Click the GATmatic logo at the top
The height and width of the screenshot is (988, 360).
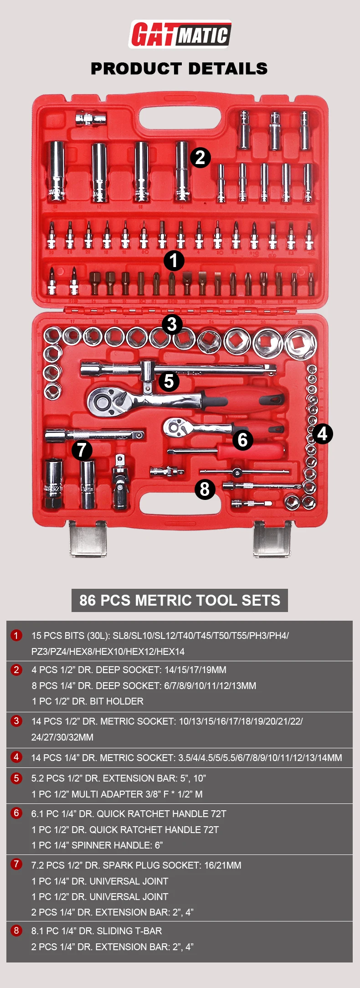[x=180, y=34]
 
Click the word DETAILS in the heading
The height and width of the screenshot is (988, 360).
[x=227, y=68]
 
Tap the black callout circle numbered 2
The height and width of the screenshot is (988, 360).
[x=200, y=158]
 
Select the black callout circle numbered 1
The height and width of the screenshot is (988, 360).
[x=174, y=261]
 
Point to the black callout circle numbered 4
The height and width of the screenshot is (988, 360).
[x=322, y=433]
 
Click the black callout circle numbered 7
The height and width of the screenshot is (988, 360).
[x=82, y=450]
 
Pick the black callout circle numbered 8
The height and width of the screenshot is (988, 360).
[x=205, y=489]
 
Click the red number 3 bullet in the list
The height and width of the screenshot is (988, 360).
[x=16, y=720]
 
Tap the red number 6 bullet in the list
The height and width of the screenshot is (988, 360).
[x=16, y=813]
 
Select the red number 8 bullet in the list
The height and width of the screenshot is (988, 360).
[x=16, y=930]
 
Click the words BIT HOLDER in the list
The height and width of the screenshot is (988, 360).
[x=116, y=701]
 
